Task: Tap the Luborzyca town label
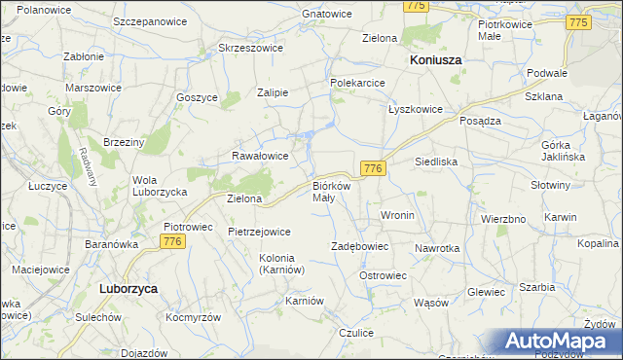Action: pyautogui.click(x=129, y=289)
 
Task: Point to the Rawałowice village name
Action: pyautogui.click(x=259, y=155)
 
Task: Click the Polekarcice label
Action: pyautogui.click(x=359, y=84)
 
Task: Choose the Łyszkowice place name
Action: pyautogui.click(x=417, y=109)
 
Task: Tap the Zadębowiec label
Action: pyautogui.click(x=360, y=247)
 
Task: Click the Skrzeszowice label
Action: pyautogui.click(x=250, y=47)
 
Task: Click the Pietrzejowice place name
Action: pyautogui.click(x=259, y=232)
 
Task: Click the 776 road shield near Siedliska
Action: pyautogui.click(x=373, y=168)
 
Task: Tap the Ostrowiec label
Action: pyautogui.click(x=383, y=275)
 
